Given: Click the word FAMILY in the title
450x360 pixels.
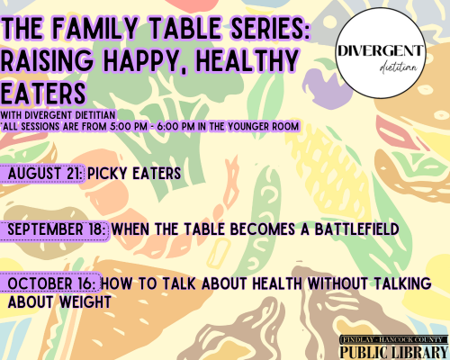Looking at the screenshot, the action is [95, 29].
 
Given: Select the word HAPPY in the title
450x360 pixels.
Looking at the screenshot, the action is [144, 61].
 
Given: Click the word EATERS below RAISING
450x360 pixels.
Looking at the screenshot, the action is [43, 93].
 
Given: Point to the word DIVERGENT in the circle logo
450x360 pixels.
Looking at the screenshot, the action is [381, 50].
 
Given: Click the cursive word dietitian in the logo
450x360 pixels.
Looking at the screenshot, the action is [399, 68].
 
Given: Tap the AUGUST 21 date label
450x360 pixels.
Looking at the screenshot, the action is [44, 174].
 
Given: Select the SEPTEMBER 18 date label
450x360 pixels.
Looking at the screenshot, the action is [56, 229].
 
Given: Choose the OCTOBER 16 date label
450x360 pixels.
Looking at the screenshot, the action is [53, 283].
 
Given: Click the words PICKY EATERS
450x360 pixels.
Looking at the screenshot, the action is [134, 174].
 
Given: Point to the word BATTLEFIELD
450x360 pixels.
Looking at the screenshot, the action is [356, 229].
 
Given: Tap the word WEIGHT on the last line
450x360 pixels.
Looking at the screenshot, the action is [85, 302].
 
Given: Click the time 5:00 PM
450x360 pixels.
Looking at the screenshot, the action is [129, 127].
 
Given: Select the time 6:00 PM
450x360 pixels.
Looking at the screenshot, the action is [175, 127].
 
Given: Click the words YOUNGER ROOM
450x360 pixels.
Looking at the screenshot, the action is [263, 127].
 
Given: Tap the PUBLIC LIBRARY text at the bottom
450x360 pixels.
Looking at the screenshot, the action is [394, 352].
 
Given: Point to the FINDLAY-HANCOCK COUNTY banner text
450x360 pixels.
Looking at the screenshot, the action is [393, 339].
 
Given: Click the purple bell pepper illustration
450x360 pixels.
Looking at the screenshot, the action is [326, 87].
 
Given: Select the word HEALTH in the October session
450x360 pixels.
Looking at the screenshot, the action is [277, 283].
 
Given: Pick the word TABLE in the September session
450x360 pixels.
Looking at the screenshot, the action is [204, 229].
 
